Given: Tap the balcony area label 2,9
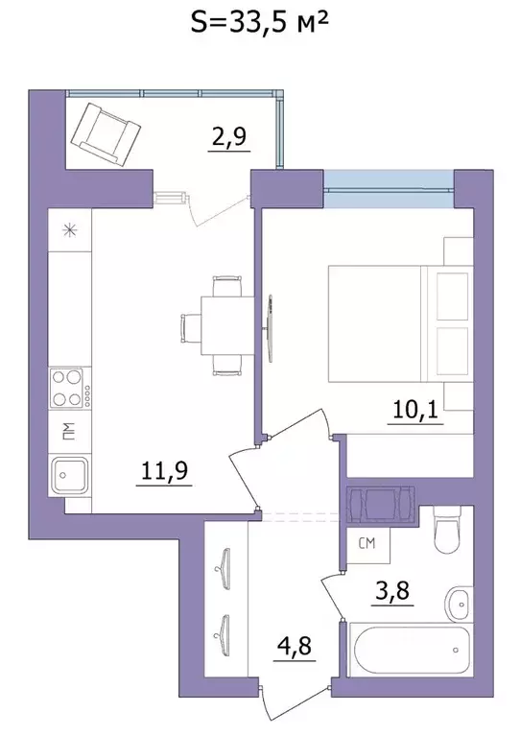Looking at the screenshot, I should [229, 136].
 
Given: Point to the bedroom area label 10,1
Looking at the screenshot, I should [414, 411].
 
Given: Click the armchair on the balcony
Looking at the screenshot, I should [105, 129].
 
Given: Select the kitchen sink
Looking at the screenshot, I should [71, 475].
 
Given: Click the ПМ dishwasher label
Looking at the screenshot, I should [68, 431].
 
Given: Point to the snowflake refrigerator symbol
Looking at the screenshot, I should [69, 230].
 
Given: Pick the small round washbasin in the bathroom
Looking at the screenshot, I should [458, 604].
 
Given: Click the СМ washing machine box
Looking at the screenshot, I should [366, 545].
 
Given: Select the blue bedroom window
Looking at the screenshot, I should [388, 182].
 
